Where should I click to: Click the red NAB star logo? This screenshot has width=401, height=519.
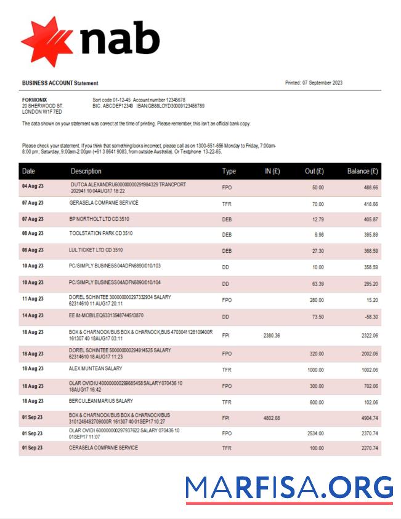tap(47, 41)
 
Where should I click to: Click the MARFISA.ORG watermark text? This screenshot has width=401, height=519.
tap(289, 487)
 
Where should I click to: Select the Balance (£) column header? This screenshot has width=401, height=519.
tap(362, 171)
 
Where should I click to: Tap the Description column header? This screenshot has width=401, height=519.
tap(86, 171)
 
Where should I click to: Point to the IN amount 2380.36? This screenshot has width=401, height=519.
tap(272, 335)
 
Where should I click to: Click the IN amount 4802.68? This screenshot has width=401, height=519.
tap(272, 418)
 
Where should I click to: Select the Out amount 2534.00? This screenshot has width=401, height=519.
tap(315, 433)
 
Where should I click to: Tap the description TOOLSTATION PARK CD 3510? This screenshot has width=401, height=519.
tap(100, 234)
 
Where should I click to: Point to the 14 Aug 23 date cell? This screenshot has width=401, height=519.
tap(33, 315)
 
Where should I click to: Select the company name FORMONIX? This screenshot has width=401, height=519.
tap(34, 100)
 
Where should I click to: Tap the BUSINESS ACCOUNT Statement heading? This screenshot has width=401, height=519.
tap(60, 83)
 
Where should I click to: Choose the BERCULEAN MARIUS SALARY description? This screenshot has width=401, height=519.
tap(100, 401)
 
